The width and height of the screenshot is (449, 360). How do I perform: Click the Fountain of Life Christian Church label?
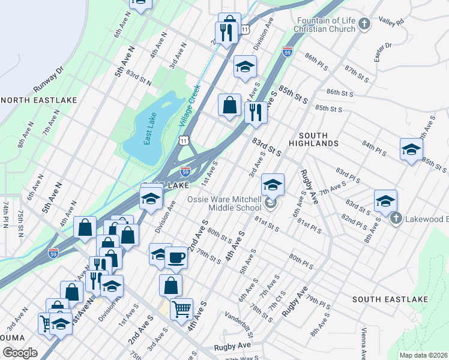point(326,25)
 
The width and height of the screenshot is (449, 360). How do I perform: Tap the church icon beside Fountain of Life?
point(364,25)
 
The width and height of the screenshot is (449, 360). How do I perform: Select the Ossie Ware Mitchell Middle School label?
point(225,204)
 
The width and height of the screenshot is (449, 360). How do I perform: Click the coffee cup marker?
point(176,257)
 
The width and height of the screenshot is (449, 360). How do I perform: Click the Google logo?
point(20,353)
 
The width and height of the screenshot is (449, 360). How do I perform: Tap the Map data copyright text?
point(423,355)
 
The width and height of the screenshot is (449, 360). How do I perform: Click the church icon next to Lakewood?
point(396,219)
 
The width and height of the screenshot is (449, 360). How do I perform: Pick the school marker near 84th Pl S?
point(411,149)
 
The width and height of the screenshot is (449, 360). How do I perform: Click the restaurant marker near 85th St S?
point(256,112)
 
